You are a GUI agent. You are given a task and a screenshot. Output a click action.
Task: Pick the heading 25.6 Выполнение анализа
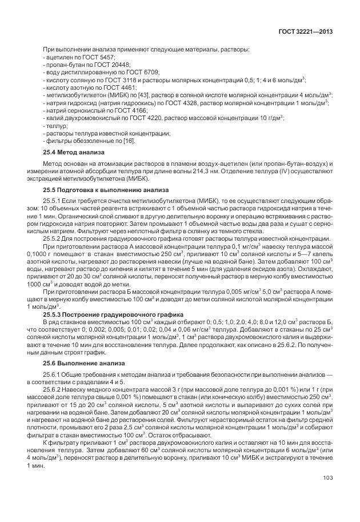pyautogui.click(x=81, y=363)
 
